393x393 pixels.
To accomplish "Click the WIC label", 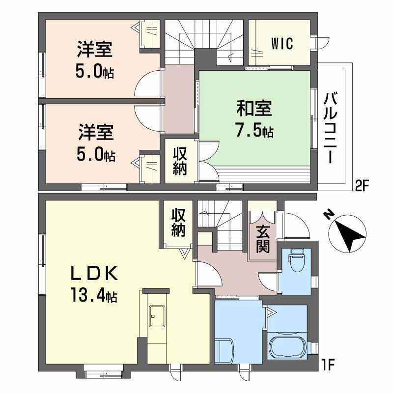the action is [282, 44].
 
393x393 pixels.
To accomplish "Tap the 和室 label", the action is [254, 108].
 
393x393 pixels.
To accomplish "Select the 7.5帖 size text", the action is [254, 130].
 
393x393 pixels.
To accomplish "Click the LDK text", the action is [95, 273].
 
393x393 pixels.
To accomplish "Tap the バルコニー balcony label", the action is [330, 128].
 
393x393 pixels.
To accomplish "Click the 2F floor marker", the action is [361, 186].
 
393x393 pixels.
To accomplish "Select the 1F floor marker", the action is [328, 365].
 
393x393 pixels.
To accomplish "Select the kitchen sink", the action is [157, 316].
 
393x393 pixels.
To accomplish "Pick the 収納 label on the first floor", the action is [178, 223].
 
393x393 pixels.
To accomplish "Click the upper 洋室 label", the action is [94, 50].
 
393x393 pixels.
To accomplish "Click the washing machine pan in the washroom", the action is [225, 351].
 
